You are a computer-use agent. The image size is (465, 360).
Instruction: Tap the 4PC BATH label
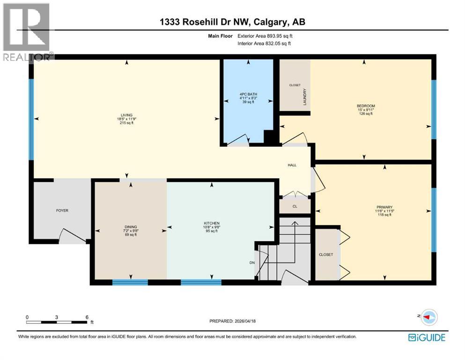[248, 94]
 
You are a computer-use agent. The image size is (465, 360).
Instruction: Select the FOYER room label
[62, 210]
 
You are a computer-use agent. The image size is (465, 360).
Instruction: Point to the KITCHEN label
[212, 223]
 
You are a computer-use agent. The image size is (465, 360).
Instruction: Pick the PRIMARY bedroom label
[384, 207]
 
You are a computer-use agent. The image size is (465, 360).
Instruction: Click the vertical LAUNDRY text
[305, 97]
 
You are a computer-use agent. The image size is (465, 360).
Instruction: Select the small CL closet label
[295, 206]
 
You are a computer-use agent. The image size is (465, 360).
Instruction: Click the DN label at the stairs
[251, 262]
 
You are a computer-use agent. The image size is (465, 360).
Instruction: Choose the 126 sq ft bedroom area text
[366, 113]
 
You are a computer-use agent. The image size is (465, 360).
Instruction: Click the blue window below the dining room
[130, 282]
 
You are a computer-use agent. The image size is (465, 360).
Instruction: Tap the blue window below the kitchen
[201, 282]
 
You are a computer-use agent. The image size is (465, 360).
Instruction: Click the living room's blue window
[31, 119]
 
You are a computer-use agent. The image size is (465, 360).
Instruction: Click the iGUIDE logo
[426, 337]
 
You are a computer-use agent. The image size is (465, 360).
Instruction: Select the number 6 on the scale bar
[87, 317]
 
